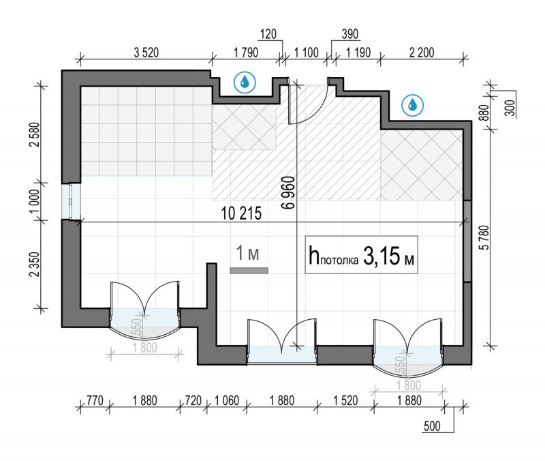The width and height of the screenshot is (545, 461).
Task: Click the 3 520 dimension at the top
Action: [x=146, y=53]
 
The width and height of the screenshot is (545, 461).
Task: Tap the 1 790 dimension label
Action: [x=246, y=53]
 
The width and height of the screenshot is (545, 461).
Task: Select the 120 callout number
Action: [x=268, y=33]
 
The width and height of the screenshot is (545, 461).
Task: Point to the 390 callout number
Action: [x=349, y=33]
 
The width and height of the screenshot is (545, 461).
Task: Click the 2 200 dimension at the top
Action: [x=422, y=53]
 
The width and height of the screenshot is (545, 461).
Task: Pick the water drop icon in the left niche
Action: [x=245, y=83]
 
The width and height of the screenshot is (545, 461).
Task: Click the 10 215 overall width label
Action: [x=241, y=213]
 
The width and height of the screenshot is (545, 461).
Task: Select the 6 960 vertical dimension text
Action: [x=289, y=192]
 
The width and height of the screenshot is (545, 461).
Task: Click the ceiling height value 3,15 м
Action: [x=388, y=256]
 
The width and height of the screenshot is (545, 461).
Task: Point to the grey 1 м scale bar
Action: [x=249, y=270]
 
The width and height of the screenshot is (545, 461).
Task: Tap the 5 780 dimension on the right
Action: [x=484, y=237]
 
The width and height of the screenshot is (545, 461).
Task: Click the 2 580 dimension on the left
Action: [x=35, y=134]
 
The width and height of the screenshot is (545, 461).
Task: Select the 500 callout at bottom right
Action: [x=432, y=426]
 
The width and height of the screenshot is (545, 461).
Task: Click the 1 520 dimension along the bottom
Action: [x=345, y=400]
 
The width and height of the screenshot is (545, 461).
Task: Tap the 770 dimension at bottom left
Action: [x=95, y=400]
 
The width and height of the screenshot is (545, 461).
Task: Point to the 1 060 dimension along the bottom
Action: [x=227, y=400]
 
